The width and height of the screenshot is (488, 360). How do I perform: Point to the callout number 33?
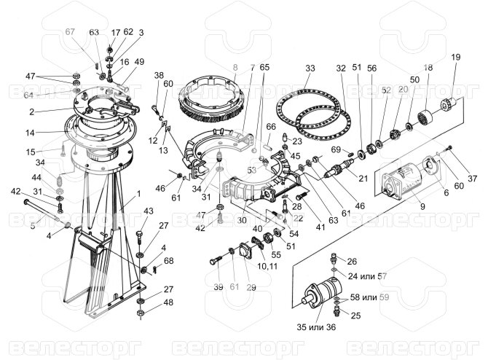pos(310,68)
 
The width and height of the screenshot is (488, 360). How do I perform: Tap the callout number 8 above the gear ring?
pos(235,68)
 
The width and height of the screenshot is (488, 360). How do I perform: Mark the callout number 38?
pos(159,75)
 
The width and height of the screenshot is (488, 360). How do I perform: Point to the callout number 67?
pos(70,33)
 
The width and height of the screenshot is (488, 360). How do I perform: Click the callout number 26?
pos(352,260)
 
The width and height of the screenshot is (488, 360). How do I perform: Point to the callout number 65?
pos(264,67)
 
